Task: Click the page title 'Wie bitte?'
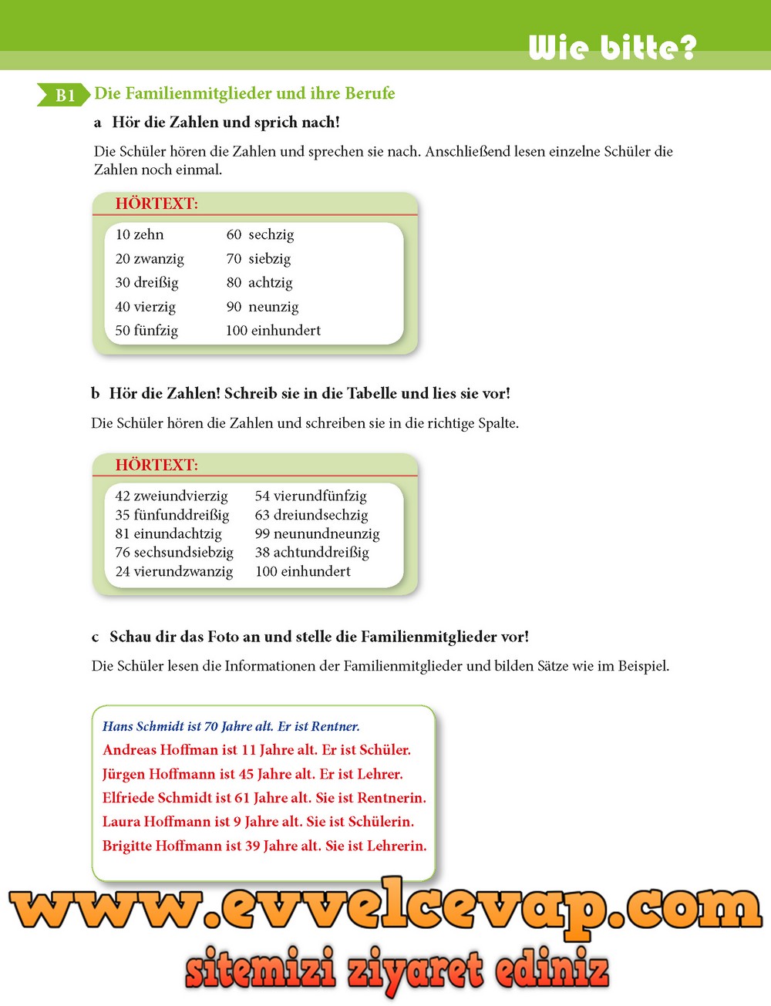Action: [613, 48]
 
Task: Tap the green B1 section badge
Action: [64, 95]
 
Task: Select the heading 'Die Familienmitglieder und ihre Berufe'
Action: [244, 93]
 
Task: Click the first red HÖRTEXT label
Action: [157, 204]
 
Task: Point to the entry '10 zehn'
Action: [140, 234]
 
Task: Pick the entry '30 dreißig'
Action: [146, 282]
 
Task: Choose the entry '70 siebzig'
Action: [258, 258]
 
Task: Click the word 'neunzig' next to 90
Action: [274, 306]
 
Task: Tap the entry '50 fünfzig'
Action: [146, 330]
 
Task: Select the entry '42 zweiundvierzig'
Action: [171, 496]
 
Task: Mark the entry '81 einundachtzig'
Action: [168, 533]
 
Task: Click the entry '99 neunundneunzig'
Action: [317, 533]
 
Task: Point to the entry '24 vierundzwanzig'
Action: [173, 571]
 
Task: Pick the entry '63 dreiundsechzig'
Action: [311, 514]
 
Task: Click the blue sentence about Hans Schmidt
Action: [231, 726]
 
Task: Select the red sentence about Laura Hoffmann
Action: [258, 822]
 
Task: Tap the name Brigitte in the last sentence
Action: [127, 846]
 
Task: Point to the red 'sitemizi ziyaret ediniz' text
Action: [397, 970]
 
